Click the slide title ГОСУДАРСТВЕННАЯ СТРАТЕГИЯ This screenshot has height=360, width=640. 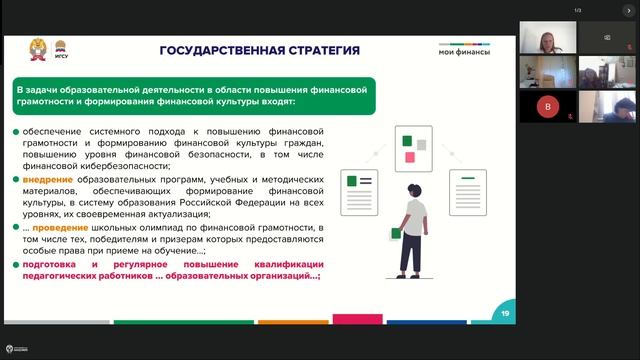tap(260, 50)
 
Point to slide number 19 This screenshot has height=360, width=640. tap(505, 313)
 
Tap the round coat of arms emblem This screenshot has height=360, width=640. tap(38, 47)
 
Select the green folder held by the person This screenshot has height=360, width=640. tap(396, 233)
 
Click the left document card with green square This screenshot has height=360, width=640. tap(359, 187)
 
